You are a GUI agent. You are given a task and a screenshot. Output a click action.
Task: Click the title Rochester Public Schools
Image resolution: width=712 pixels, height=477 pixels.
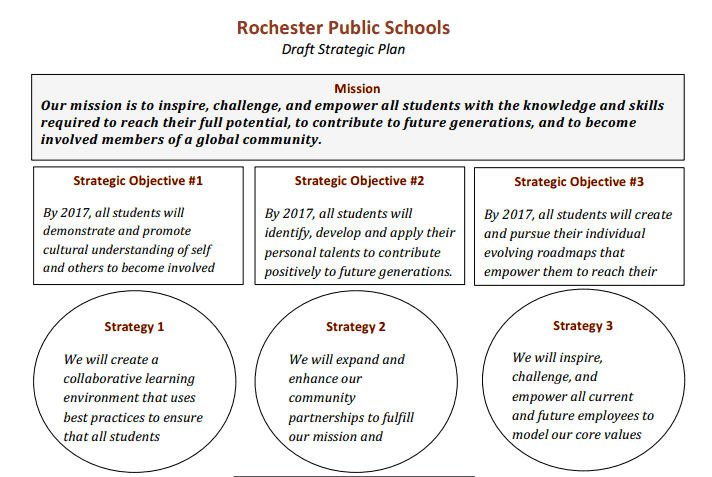click(x=343, y=27)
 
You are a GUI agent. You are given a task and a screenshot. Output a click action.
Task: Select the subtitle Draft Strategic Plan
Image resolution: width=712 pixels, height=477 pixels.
click(x=343, y=49)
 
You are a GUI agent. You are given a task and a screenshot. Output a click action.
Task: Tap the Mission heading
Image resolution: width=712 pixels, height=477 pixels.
click(x=357, y=89)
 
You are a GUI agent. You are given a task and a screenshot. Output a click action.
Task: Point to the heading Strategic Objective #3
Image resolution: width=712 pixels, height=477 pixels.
click(x=579, y=182)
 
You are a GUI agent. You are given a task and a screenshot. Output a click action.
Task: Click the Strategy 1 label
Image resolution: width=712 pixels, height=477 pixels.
click(x=134, y=327)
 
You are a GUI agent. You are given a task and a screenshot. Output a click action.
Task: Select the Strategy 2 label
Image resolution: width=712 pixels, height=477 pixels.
click(x=355, y=327)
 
